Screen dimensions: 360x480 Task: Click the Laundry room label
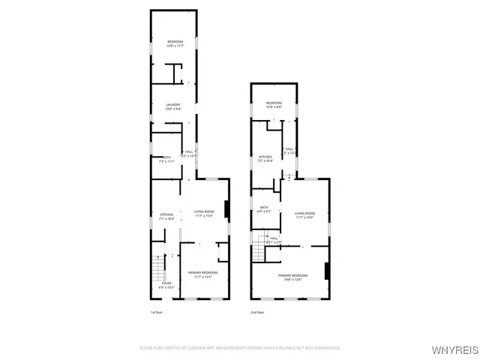click(173, 106)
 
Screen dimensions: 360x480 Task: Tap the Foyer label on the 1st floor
click(166, 285)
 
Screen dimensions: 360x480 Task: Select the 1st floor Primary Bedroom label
click(202, 274)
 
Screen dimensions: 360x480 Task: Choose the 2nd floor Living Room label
click(304, 215)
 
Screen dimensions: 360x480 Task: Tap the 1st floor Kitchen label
click(166, 217)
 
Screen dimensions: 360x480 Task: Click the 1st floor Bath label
click(166, 159)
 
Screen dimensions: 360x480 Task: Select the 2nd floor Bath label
click(264, 209)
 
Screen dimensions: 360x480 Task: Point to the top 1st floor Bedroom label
click(175, 43)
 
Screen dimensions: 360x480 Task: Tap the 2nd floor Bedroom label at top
click(274, 104)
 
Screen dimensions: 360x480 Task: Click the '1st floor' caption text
click(156, 312)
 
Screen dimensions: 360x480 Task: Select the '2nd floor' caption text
click(256, 312)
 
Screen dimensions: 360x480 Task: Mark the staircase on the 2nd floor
click(259, 247)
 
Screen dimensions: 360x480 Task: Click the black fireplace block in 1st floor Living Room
click(226, 210)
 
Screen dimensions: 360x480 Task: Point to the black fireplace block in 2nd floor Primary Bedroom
click(326, 271)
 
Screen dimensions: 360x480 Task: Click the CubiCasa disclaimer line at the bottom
click(240, 348)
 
